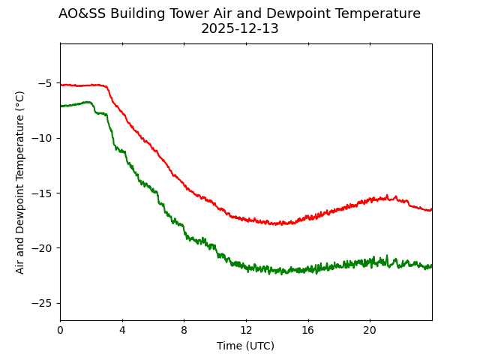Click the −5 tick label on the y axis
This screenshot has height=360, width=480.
pyautogui.click(x=45, y=83)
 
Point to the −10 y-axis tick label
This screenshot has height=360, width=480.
pyautogui.click(x=42, y=138)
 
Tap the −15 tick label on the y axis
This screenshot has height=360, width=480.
pyautogui.click(x=42, y=193)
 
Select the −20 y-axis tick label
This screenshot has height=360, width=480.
pyautogui.click(x=42, y=248)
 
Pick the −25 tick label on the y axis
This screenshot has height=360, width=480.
pyautogui.click(x=42, y=303)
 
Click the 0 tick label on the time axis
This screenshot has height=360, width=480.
pyautogui.click(x=60, y=331)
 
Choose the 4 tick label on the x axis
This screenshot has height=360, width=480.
pyautogui.click(x=122, y=331)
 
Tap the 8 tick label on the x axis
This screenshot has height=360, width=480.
pyautogui.click(x=184, y=331)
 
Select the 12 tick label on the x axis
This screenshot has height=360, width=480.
pyautogui.click(x=246, y=331)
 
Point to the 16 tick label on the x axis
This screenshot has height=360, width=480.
pyautogui.click(x=307, y=331)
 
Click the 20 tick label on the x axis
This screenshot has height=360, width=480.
pyautogui.click(x=370, y=331)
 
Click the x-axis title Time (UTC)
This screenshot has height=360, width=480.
pyautogui.click(x=245, y=346)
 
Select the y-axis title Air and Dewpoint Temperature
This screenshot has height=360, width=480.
pyautogui.click(x=20, y=182)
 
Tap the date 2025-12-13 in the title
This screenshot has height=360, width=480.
pyautogui.click(x=239, y=28)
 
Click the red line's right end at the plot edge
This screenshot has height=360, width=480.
pyautogui.click(x=431, y=209)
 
